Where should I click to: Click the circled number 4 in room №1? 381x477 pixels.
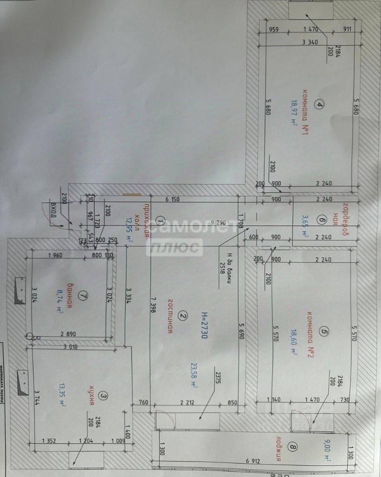click(320, 104)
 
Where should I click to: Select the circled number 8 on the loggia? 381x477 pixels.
click(293, 448)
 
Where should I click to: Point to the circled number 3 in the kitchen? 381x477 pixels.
click(103, 396)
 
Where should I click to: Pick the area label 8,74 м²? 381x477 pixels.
click(60, 302)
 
